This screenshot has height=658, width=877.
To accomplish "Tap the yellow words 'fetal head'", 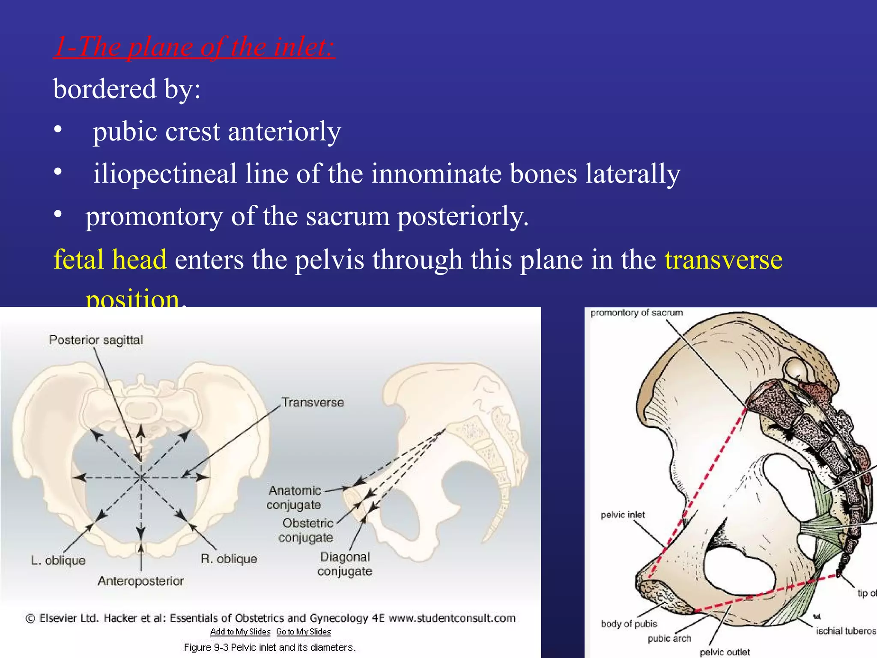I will (110, 260).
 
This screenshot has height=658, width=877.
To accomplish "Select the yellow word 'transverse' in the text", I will (723, 260).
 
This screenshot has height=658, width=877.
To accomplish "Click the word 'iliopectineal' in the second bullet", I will (165, 174).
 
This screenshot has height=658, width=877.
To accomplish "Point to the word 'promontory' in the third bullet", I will (154, 216).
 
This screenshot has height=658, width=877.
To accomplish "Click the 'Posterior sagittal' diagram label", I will (96, 340).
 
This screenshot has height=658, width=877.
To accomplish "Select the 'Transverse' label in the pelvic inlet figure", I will (313, 403).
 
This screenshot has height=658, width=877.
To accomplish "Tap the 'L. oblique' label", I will (58, 560).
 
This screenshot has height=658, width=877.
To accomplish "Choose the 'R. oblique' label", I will (229, 559).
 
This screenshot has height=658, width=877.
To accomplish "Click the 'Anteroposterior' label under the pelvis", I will (141, 581).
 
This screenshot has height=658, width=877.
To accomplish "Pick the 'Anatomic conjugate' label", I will (294, 497).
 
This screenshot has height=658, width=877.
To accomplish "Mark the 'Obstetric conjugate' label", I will (306, 530).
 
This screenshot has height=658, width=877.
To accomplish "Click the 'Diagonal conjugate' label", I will (345, 564).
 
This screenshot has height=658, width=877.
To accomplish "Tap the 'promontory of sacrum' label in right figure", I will (636, 313).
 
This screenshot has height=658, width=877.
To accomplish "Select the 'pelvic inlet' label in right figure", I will (623, 515).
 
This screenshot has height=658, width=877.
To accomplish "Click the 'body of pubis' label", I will (629, 624).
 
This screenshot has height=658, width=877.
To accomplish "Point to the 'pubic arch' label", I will (669, 639).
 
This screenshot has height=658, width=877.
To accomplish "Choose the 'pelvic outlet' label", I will (725, 652).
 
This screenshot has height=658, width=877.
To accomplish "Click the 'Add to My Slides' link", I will (240, 632).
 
